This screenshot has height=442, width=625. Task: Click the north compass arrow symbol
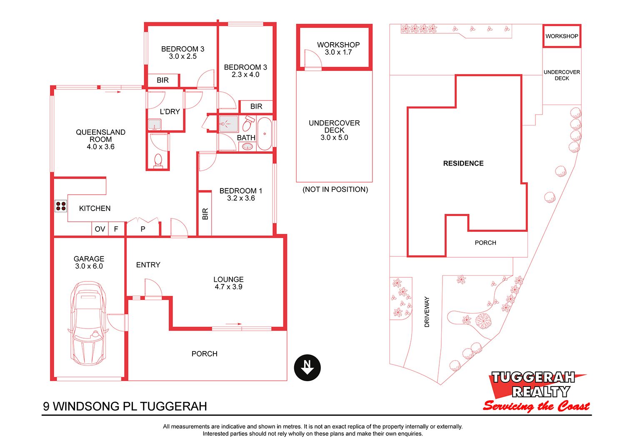click(307, 368)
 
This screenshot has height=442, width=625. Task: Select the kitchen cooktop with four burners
click(61, 206)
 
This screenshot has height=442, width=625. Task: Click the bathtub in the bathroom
click(265, 134)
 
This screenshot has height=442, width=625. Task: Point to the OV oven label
click(100, 229)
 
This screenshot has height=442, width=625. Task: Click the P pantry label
click(143, 229)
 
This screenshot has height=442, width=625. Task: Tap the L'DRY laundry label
click(170, 112)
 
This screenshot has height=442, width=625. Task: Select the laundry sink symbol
click(155, 125)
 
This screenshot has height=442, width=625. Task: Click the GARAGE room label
click(89, 259)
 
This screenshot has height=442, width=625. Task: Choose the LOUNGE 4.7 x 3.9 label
click(228, 283)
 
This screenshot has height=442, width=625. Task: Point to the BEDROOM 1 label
click(241, 191)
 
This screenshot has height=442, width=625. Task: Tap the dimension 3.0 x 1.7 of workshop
click(338, 52)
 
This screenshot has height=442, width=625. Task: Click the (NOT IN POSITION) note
click(335, 189)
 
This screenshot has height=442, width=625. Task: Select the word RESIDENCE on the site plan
click(463, 163)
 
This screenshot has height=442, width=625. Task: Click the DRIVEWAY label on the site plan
click(427, 311)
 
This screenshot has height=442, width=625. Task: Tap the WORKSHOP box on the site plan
click(562, 36)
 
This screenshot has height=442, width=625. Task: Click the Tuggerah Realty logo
click(536, 392)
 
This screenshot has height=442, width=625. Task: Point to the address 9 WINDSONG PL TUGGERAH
click(125, 406)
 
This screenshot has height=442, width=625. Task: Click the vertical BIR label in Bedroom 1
click(205, 214)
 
